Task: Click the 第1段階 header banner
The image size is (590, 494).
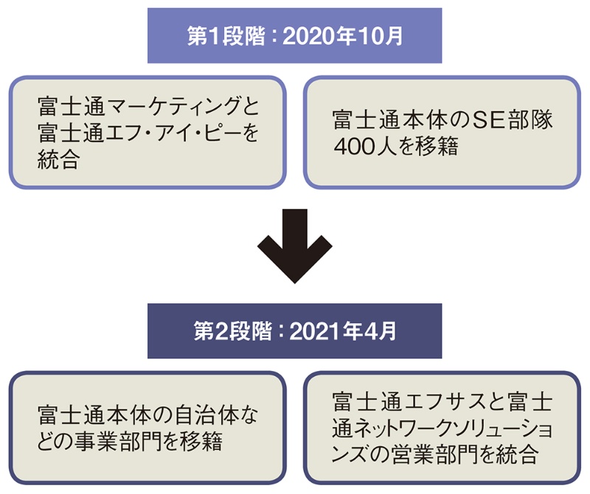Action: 294,35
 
